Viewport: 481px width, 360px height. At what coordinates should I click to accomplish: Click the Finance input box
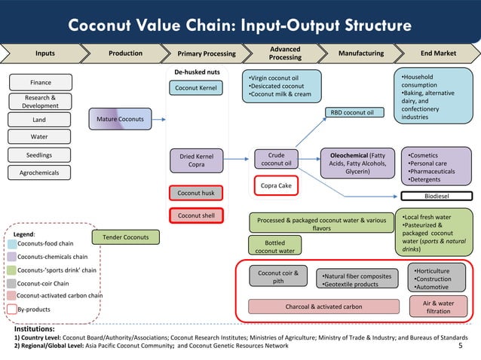41,82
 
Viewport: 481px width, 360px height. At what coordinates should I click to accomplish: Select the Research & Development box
41,102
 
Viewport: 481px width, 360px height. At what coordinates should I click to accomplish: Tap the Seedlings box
41,155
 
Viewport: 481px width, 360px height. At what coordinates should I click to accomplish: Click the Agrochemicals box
41,172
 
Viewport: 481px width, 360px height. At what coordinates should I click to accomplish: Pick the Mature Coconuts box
120,118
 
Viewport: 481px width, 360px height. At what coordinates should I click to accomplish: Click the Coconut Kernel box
197,89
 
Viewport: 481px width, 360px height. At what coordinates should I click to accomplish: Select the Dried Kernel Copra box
197,161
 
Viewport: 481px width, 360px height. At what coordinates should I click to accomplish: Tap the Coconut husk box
197,193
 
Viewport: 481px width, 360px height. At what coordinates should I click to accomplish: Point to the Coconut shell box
197,215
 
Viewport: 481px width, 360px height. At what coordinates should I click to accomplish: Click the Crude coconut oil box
276,160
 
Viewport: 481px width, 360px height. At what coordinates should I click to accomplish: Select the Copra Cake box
276,185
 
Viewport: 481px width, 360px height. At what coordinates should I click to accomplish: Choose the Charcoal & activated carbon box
323,307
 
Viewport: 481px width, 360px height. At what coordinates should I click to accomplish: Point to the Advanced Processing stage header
285,53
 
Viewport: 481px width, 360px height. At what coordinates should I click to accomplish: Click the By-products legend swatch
12,309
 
